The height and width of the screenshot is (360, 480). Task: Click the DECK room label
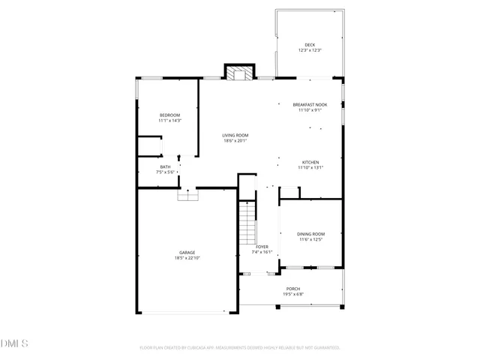pos(310,45)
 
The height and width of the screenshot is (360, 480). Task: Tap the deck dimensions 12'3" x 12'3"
pos(310,50)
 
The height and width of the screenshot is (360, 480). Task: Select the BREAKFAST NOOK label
pos(310,105)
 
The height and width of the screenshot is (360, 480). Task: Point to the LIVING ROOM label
pos(235,135)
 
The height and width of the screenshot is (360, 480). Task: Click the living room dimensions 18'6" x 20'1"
pos(235,140)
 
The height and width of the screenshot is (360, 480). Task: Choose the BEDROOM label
pos(169,115)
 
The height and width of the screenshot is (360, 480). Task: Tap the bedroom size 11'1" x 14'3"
pos(169,120)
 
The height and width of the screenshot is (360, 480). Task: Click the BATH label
pos(165,166)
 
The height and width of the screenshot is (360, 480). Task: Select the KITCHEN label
pos(310,162)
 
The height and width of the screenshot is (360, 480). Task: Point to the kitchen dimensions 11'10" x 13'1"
pos(310,167)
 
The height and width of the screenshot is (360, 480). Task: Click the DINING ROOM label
pos(311,234)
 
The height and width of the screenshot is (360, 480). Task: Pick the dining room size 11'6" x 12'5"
pos(311,239)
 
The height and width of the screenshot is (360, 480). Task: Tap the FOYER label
pos(262,247)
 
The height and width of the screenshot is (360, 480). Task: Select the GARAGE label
pos(187,252)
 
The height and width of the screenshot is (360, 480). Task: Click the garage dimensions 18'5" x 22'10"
pos(187,258)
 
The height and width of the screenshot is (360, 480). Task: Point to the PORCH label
pos(292,289)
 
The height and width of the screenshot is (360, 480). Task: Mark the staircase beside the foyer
pos(247,223)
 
